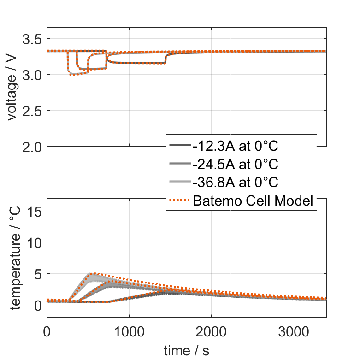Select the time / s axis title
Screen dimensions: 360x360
pyautogui.click(x=186, y=351)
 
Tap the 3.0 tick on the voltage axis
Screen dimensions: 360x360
pyautogui.click(x=32, y=75)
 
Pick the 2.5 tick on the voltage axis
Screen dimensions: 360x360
pyautogui.click(x=32, y=111)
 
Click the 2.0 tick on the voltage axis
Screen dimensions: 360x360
pyautogui.click(x=32, y=147)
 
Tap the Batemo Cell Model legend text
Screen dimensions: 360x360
pyautogui.click(x=254, y=201)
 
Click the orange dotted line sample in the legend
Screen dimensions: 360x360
pyautogui.click(x=180, y=201)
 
